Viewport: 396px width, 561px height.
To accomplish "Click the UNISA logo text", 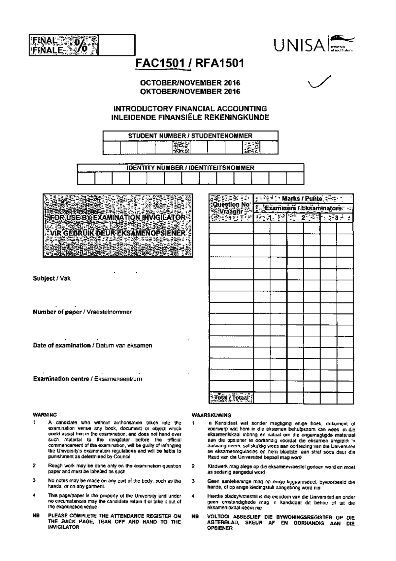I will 299,45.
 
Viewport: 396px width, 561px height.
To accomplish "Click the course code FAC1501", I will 160,63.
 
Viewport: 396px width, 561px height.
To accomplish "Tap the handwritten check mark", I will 318,82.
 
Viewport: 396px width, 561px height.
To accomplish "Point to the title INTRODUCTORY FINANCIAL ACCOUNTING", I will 190,108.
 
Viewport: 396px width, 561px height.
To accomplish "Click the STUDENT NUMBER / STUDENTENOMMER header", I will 190,136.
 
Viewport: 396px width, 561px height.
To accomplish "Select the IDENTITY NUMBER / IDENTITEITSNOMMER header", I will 190,168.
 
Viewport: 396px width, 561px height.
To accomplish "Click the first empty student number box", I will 112,147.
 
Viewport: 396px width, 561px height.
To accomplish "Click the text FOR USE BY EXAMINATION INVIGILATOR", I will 118,218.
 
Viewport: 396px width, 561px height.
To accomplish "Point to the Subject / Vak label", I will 51,279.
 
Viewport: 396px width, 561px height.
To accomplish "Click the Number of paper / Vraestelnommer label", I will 82,312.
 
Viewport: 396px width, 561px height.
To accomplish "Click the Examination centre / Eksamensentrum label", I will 87,379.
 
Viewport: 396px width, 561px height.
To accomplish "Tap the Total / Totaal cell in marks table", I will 231,398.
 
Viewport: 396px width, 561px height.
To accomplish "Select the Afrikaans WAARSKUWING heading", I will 211,415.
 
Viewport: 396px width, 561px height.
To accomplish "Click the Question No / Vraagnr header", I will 231,208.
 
